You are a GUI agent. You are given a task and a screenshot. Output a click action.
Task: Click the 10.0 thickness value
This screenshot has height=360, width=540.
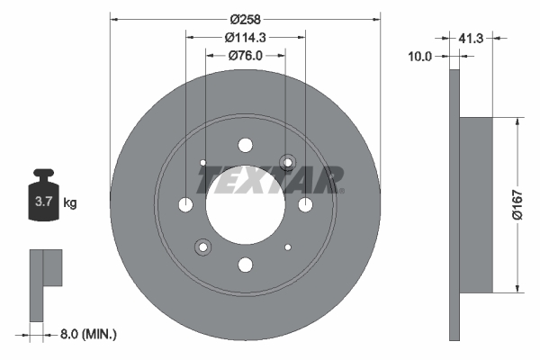[421, 56]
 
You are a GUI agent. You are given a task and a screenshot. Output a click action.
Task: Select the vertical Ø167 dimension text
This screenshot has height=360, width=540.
[517, 204]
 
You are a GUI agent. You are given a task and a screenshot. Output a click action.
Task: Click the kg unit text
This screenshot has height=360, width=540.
[70, 203]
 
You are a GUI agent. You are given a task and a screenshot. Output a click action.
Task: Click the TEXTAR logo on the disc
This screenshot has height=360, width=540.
[271, 181]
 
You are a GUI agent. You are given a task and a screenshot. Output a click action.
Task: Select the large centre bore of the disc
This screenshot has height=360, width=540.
[245, 204]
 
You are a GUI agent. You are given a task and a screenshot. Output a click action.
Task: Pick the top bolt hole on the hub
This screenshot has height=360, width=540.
[245, 145]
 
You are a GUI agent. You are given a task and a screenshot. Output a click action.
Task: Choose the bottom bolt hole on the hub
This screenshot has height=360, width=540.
[245, 265]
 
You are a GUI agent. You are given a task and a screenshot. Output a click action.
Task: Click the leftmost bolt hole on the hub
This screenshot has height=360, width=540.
[185, 205]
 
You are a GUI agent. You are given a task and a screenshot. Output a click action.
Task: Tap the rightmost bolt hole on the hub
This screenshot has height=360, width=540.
[305, 205]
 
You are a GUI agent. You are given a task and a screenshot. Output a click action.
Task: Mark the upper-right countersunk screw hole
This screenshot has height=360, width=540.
[288, 162]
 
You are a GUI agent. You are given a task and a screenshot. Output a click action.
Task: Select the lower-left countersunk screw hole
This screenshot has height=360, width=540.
[202, 247]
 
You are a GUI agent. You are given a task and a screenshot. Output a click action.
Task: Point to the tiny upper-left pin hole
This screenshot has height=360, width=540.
[203, 163]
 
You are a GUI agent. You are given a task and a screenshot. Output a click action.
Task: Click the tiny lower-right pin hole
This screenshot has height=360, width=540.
[287, 247]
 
